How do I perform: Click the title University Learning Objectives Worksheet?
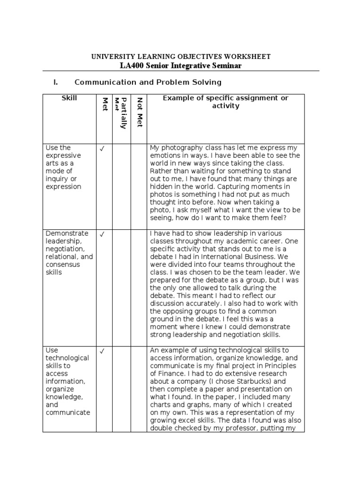tap(181, 56)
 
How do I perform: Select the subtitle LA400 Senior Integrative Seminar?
tap(181, 65)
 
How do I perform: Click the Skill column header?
tap(69, 98)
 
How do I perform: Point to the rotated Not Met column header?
tap(139, 112)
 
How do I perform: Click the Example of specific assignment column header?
tap(225, 102)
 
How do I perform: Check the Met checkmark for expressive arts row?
tap(102, 149)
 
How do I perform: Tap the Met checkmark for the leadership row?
tap(102, 234)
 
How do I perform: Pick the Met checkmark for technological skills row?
tap(102, 351)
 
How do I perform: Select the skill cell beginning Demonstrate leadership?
tap(69, 253)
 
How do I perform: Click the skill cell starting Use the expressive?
tap(69, 167)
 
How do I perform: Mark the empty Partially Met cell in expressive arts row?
tap(122, 186)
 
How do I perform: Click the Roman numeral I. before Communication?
tap(56, 82)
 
